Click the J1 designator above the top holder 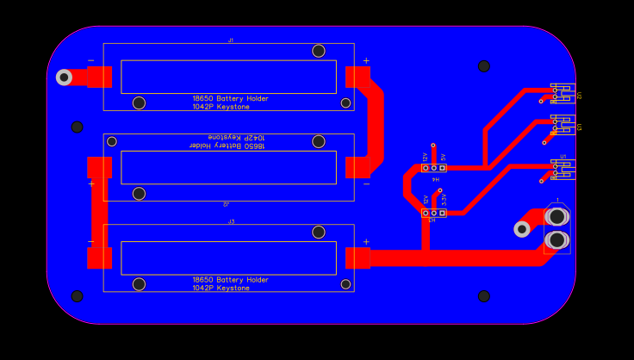click(x=230, y=40)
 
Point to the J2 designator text click(x=226, y=204)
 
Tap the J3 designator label click(x=231, y=221)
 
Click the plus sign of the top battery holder click(x=366, y=60)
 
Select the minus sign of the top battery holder click(x=90, y=60)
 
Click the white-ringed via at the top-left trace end click(x=64, y=78)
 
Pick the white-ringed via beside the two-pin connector click(x=522, y=229)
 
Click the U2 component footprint click(x=562, y=93)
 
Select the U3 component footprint click(x=562, y=126)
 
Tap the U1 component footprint click(x=562, y=169)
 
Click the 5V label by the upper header click(x=444, y=158)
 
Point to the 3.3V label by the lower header click(x=444, y=199)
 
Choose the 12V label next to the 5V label click(x=426, y=158)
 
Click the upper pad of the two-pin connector click(x=557, y=217)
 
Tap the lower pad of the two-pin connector click(x=557, y=239)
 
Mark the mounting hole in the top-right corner click(x=484, y=65)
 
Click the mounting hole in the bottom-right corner click(x=484, y=296)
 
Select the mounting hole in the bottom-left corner click(x=77, y=296)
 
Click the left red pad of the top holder click(x=99, y=77)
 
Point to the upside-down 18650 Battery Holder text click(x=227, y=146)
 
